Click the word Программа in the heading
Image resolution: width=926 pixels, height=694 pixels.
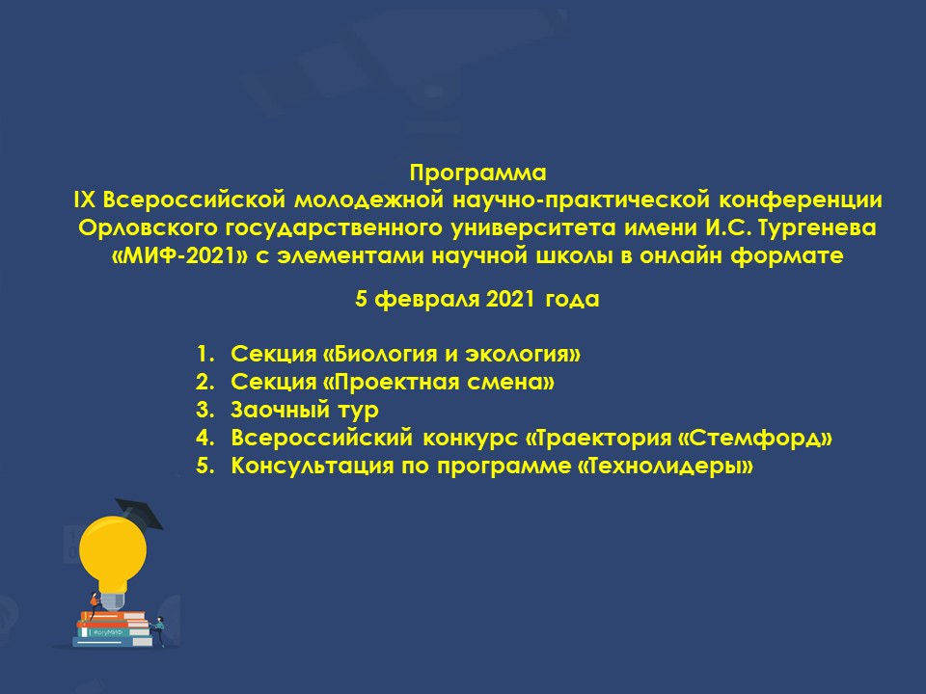pos(477,173)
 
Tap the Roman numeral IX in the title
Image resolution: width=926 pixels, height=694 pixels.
pos(85,200)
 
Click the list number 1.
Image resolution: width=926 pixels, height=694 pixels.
pos(204,354)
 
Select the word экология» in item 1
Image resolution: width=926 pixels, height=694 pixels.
pos(523,354)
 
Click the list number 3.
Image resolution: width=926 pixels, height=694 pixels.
pos(204,410)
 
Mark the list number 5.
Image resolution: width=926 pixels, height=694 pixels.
pos(204,466)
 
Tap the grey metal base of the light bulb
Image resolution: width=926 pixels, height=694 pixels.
pos(113,601)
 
